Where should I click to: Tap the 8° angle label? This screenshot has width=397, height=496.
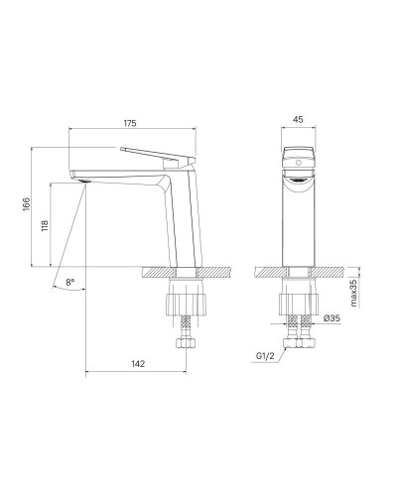pos(69,283)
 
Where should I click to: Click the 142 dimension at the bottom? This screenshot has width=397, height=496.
pos(138,365)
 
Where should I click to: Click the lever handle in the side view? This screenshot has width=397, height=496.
pos(154,154)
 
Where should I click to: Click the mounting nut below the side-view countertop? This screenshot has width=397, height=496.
pos(186,297)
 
